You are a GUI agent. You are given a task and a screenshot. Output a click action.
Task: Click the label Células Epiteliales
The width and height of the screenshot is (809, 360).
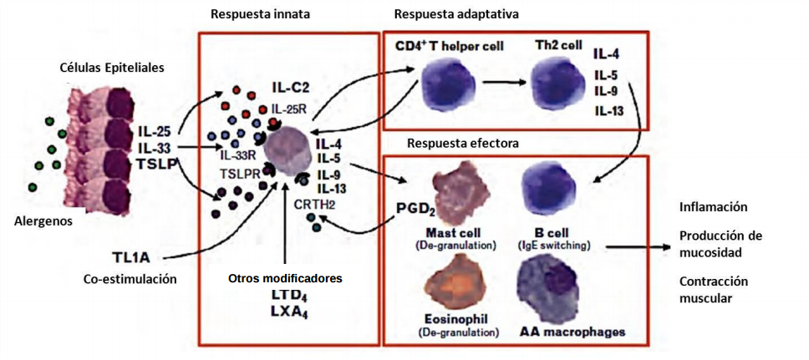point(112,66)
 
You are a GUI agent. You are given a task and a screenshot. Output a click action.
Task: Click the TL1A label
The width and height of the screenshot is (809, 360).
point(131,255)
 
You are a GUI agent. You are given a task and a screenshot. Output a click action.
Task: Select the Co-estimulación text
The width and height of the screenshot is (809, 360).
point(130,279)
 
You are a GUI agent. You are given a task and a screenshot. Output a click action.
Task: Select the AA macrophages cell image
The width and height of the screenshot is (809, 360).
point(552,281)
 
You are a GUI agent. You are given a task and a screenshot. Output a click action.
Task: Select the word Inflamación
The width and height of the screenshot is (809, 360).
point(713,206)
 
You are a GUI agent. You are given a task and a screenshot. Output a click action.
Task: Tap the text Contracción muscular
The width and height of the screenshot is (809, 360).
point(713,289)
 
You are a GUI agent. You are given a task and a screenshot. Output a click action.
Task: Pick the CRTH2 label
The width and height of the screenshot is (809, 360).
point(313,202)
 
